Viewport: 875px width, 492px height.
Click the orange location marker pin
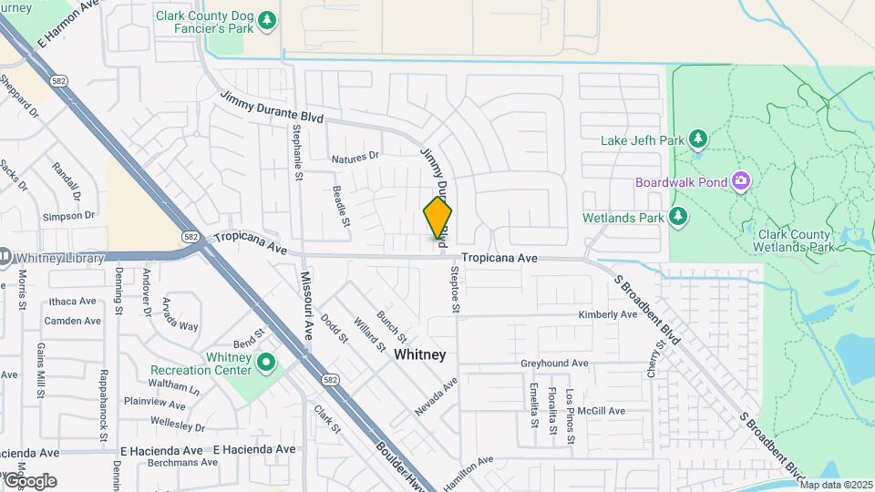pos(437,219)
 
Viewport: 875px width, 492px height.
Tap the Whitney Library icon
pos(5,258)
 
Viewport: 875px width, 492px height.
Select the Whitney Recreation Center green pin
pos(266,364)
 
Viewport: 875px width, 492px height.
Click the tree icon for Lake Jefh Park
pos(698,139)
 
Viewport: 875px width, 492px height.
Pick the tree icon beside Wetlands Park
pos(677,216)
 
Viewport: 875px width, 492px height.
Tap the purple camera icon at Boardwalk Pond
pos(740,181)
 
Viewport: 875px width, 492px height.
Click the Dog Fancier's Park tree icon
pos(266,19)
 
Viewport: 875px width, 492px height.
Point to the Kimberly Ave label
pos(608,314)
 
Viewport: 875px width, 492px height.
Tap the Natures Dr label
pos(355,159)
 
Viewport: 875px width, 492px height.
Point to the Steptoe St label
pos(452,289)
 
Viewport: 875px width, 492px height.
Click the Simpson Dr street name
pos(69,216)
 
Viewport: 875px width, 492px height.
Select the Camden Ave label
pos(72,321)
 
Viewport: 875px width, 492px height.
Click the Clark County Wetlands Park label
pos(796,241)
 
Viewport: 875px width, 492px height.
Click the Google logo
pos(29,480)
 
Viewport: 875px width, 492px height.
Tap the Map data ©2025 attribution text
pos(836,485)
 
